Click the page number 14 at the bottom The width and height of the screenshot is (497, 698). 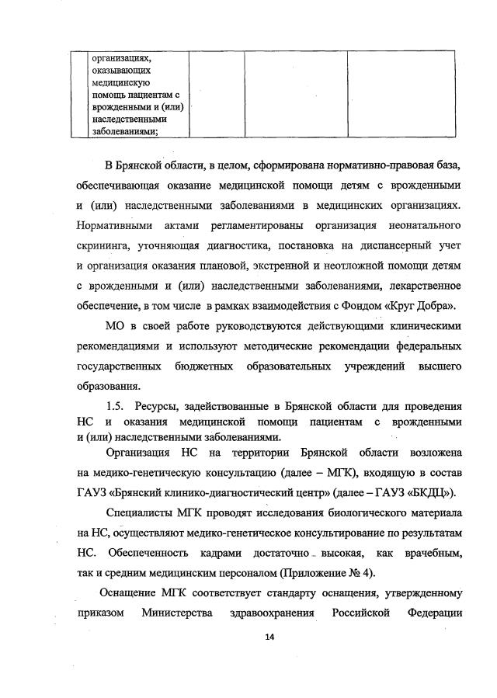(269, 637)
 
